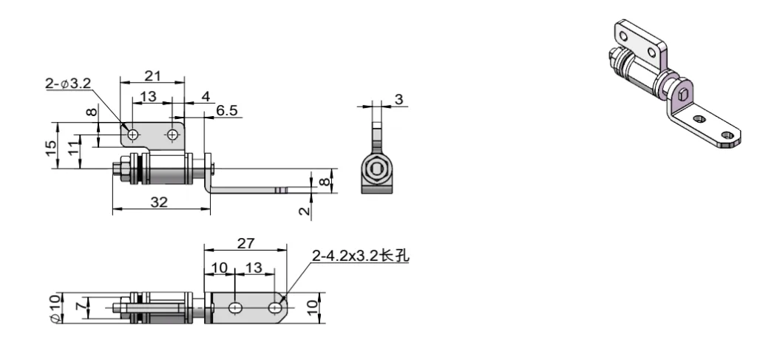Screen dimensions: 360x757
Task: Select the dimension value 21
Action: coord(154,75)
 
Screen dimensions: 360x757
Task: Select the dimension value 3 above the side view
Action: coord(399,99)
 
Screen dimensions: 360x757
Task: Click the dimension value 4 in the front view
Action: coord(206,96)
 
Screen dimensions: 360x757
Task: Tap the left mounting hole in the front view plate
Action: coord(133,135)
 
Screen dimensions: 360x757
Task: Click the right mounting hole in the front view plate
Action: coord(173,135)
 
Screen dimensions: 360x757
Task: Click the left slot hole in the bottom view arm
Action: coord(234,307)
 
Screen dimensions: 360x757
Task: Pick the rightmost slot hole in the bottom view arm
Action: coord(275,307)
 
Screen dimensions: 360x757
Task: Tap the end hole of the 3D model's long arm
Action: coord(729,136)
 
